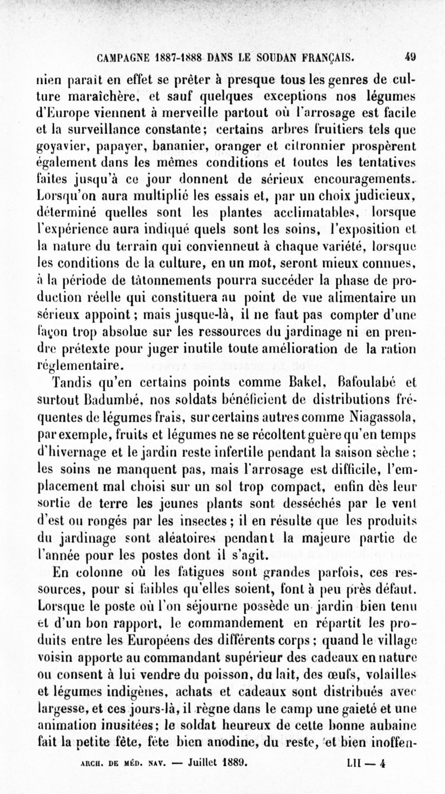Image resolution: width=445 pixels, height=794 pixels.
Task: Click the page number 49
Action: point(411,56)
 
